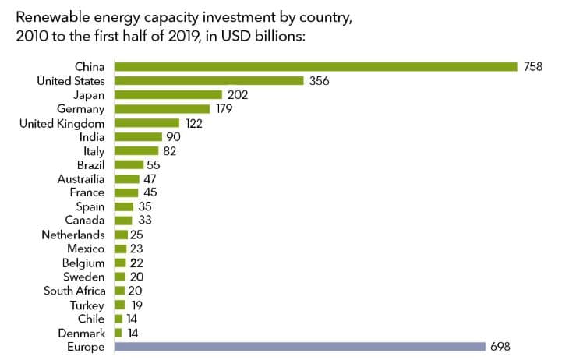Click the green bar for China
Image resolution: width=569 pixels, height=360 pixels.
coord(316,67)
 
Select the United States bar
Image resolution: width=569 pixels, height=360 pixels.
coord(209,80)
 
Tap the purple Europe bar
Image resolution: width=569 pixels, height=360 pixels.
coord(300,347)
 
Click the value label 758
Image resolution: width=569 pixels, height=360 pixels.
coord(533,67)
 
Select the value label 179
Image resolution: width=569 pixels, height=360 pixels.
coord(225,108)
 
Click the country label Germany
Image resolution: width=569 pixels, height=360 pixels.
coord(81,108)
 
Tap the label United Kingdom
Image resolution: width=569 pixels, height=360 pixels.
coord(65,122)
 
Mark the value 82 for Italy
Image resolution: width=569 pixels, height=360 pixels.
coord(169,150)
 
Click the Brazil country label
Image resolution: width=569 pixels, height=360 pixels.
coord(90,164)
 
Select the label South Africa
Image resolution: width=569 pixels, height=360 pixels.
coord(74,291)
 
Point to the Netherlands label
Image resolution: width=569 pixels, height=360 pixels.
coord(73,235)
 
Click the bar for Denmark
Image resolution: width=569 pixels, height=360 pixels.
coord(118,333)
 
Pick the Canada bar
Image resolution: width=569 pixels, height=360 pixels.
coord(123,221)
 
